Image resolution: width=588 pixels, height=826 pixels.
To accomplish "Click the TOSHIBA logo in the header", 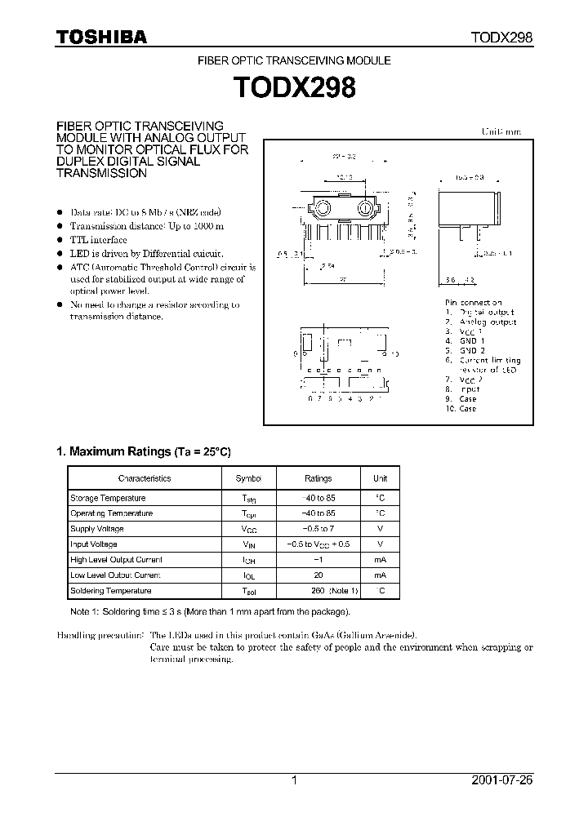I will [x=101, y=37].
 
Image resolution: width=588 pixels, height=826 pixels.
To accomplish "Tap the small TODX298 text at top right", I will [x=501, y=38].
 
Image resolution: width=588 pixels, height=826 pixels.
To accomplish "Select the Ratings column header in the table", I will [x=318, y=478].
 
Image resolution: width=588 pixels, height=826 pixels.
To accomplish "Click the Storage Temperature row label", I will [x=108, y=498].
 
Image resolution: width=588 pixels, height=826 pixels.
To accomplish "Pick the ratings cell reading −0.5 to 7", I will [x=318, y=529].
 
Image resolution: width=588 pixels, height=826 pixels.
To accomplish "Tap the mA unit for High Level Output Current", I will [x=380, y=560].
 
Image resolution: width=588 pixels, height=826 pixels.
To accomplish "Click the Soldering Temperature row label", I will [x=111, y=591].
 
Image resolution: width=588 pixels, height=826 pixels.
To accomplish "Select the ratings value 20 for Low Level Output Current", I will [x=318, y=575].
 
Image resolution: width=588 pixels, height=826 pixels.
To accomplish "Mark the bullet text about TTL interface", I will [x=98, y=240].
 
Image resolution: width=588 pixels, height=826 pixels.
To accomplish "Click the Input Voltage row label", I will [x=94, y=544].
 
